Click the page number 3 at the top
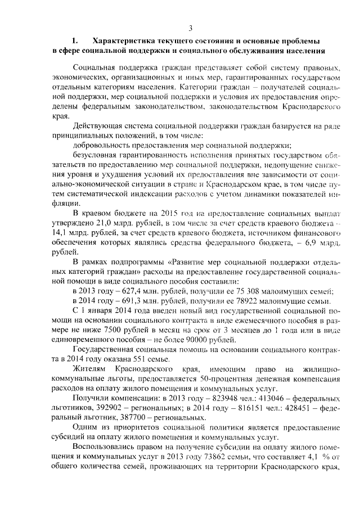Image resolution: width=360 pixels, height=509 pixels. coord(190,29)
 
